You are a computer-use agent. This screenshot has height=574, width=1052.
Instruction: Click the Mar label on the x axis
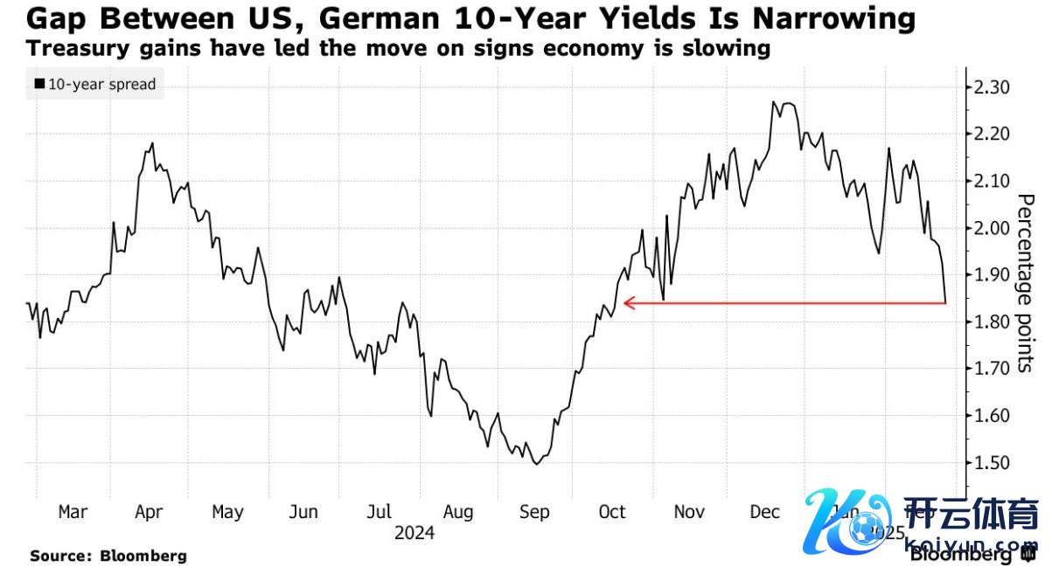pos(73,512)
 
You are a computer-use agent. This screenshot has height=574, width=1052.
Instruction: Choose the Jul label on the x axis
pos(379,512)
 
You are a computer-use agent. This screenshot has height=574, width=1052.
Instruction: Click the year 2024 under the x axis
pos(413,532)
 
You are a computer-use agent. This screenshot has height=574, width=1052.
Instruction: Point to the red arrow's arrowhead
pos(625,303)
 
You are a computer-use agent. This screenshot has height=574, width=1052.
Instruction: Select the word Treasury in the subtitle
pos(70,48)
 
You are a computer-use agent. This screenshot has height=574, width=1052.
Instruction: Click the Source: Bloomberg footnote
pos(108,555)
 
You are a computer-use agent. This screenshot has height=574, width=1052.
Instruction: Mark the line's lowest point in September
pos(535,464)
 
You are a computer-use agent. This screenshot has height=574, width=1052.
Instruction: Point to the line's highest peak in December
pos(773,102)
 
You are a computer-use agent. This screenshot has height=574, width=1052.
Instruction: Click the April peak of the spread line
pos(153,143)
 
